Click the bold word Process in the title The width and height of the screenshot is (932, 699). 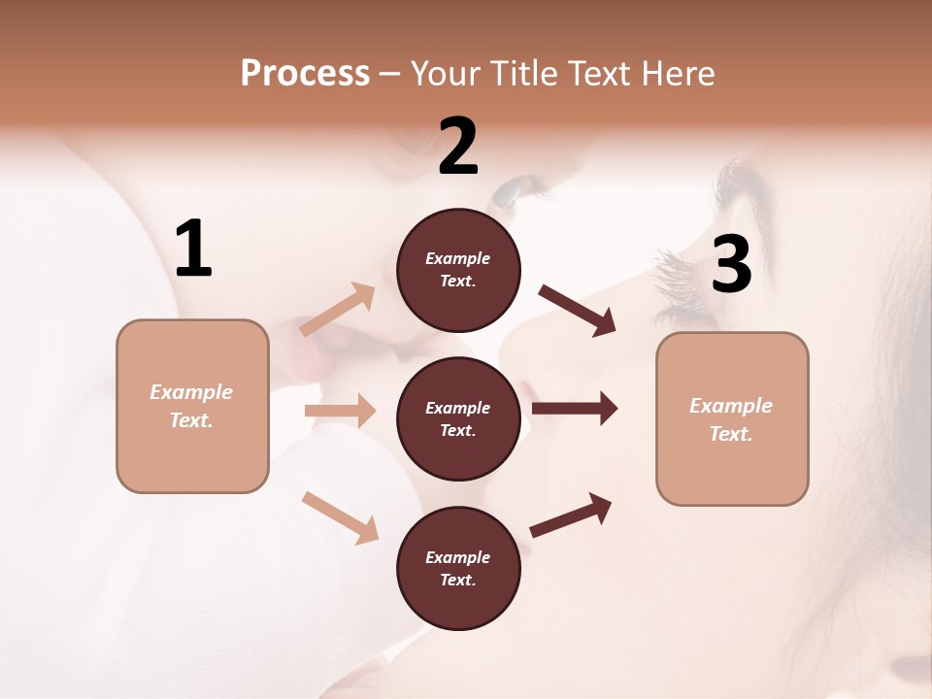tap(305, 74)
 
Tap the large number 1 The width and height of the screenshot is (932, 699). tap(193, 249)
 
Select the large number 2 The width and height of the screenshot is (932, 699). tap(458, 147)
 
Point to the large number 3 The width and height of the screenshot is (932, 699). tap(731, 264)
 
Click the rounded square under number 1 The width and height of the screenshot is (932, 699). tap(192, 406)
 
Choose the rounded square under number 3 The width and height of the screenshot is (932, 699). tap(732, 418)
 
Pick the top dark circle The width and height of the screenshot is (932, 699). tap(458, 270)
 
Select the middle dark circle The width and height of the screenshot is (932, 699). tap(458, 418)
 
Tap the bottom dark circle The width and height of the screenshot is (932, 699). tap(458, 568)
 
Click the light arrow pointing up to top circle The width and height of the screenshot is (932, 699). tap(338, 310)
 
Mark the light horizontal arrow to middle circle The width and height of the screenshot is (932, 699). tap(340, 411)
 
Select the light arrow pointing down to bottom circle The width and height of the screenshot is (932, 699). tap(340, 516)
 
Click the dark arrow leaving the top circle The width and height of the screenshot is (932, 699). tap(578, 311)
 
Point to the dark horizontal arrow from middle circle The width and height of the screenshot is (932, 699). tap(574, 409)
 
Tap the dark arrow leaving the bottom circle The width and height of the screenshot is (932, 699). tap(571, 515)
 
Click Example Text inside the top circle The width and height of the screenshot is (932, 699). tap(458, 270)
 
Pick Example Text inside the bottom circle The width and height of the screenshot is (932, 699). tap(458, 568)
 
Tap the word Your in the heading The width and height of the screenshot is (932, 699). tap(445, 74)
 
